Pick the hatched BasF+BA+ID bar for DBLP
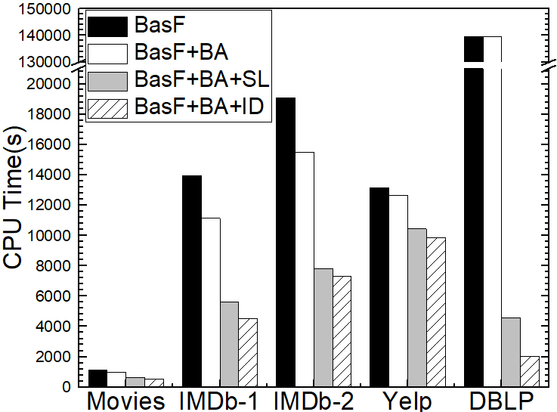click(530, 371)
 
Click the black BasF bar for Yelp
click(379, 287)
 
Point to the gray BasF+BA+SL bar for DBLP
click(511, 352)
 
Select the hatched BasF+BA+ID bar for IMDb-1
click(248, 352)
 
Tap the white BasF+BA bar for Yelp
click(398, 290)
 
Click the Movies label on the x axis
click(126, 400)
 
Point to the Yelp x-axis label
click(407, 400)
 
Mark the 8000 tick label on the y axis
click(55, 265)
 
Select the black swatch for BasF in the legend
click(108, 28)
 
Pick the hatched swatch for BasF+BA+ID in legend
click(108, 107)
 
